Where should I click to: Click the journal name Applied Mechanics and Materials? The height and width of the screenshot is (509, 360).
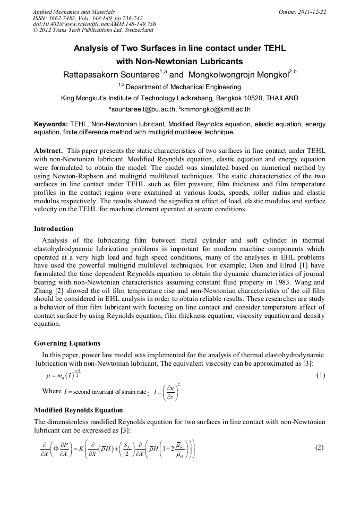tap(74, 12)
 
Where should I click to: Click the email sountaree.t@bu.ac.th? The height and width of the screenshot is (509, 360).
tap(143, 109)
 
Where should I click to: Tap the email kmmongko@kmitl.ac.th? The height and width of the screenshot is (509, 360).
tap(216, 109)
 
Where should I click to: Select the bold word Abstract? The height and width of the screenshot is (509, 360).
tap(49, 150)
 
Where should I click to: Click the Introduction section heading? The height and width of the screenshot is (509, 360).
tap(54, 229)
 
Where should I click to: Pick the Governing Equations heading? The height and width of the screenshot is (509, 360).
tap(67, 343)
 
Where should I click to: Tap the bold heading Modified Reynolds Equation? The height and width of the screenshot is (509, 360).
tap(78, 410)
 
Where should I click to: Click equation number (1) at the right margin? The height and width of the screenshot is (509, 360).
tap(320, 375)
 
